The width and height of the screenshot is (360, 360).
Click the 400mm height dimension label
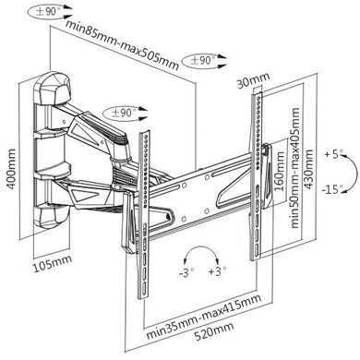[11, 169]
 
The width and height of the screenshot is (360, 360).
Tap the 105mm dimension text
[53, 263]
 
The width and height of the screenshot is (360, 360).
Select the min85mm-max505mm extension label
[123, 45]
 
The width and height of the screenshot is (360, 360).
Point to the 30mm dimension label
[253, 80]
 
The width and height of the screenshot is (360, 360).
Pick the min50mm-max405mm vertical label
[294, 168]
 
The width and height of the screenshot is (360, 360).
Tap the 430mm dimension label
[308, 169]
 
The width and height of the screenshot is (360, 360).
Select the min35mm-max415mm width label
[204, 316]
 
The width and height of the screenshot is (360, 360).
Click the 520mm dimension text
[213, 330]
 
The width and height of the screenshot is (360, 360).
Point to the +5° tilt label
[333, 153]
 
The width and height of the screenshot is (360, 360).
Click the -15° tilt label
[332, 188]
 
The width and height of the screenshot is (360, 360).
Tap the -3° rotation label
[186, 272]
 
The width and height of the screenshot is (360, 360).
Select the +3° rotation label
[217, 271]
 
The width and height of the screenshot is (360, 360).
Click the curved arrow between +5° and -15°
[355, 173]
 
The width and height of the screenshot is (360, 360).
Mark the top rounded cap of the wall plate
[53, 88]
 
